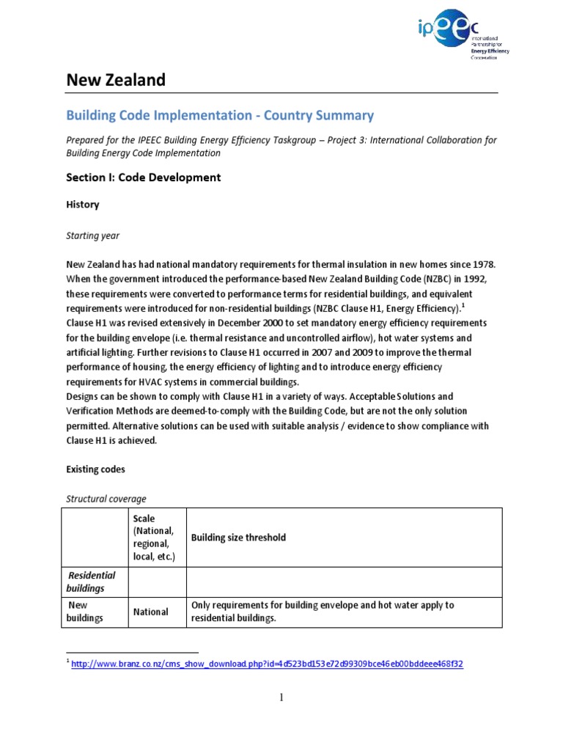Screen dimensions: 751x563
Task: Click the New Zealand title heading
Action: click(116, 80)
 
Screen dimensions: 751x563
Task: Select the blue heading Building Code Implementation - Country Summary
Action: click(220, 115)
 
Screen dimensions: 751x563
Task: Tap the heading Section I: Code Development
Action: click(143, 177)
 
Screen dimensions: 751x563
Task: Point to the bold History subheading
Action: click(83, 205)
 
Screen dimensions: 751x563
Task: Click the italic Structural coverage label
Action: click(106, 499)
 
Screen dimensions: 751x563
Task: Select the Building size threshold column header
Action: click(238, 538)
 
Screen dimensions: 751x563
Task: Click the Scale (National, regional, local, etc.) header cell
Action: click(155, 538)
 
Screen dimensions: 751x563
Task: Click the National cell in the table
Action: click(150, 612)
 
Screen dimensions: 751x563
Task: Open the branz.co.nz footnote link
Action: click(267, 664)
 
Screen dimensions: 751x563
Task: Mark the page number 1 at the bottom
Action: click(281, 697)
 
